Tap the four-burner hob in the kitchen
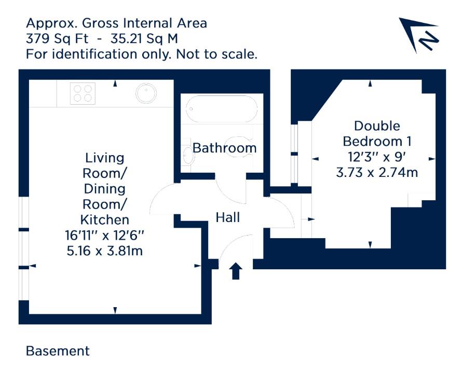click(x=83, y=93)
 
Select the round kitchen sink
click(x=146, y=93)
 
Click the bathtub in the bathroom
click(x=221, y=108)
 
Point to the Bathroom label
click(x=225, y=148)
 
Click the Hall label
click(x=228, y=217)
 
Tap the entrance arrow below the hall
click(x=236, y=271)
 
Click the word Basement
click(x=58, y=351)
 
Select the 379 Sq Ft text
click(x=57, y=39)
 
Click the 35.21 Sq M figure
click(x=144, y=39)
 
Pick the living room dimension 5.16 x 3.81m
click(x=104, y=251)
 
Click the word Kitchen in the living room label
click(x=104, y=220)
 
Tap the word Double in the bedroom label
click(x=377, y=126)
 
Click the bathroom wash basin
click(x=187, y=155)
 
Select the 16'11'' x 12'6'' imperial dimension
click(x=104, y=236)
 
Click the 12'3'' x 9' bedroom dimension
click(x=377, y=157)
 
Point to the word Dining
click(x=104, y=189)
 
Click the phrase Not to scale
click(x=216, y=54)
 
